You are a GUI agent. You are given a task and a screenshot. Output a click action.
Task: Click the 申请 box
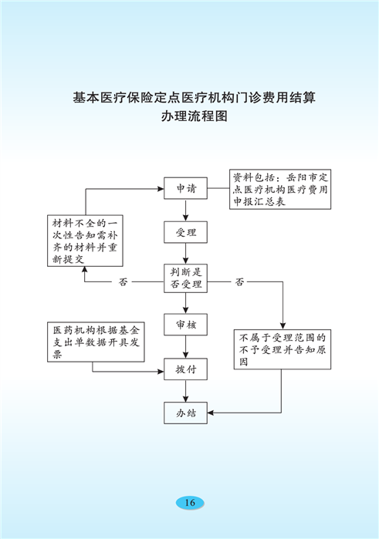185,188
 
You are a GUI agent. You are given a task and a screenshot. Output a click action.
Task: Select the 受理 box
185,232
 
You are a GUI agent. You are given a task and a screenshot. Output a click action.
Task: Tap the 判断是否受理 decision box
185,278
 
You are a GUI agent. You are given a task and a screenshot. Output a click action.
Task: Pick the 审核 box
185,324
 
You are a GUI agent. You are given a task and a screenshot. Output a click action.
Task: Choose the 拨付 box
185,369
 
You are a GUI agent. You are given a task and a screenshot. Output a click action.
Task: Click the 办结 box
185,413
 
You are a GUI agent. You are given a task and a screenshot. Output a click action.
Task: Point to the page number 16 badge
190,503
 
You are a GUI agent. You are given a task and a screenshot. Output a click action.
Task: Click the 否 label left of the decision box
123,282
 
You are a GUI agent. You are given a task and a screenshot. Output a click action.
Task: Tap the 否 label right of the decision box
239,282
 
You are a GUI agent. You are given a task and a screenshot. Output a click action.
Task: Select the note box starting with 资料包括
280,189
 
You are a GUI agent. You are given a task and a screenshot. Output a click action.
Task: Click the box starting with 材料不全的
85,241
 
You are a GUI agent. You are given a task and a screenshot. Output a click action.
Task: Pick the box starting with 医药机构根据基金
96,342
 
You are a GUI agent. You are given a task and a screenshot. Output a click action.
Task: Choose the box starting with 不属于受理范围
283,349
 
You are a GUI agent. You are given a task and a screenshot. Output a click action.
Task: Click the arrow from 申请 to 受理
185,210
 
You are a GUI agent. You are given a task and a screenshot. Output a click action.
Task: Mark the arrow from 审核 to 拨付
185,346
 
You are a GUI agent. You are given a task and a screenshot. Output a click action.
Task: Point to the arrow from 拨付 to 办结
185,391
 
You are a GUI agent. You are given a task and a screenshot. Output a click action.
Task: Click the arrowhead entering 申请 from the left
161,189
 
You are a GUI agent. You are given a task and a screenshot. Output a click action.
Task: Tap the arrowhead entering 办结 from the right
211,413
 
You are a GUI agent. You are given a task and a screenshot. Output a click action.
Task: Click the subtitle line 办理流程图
195,116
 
